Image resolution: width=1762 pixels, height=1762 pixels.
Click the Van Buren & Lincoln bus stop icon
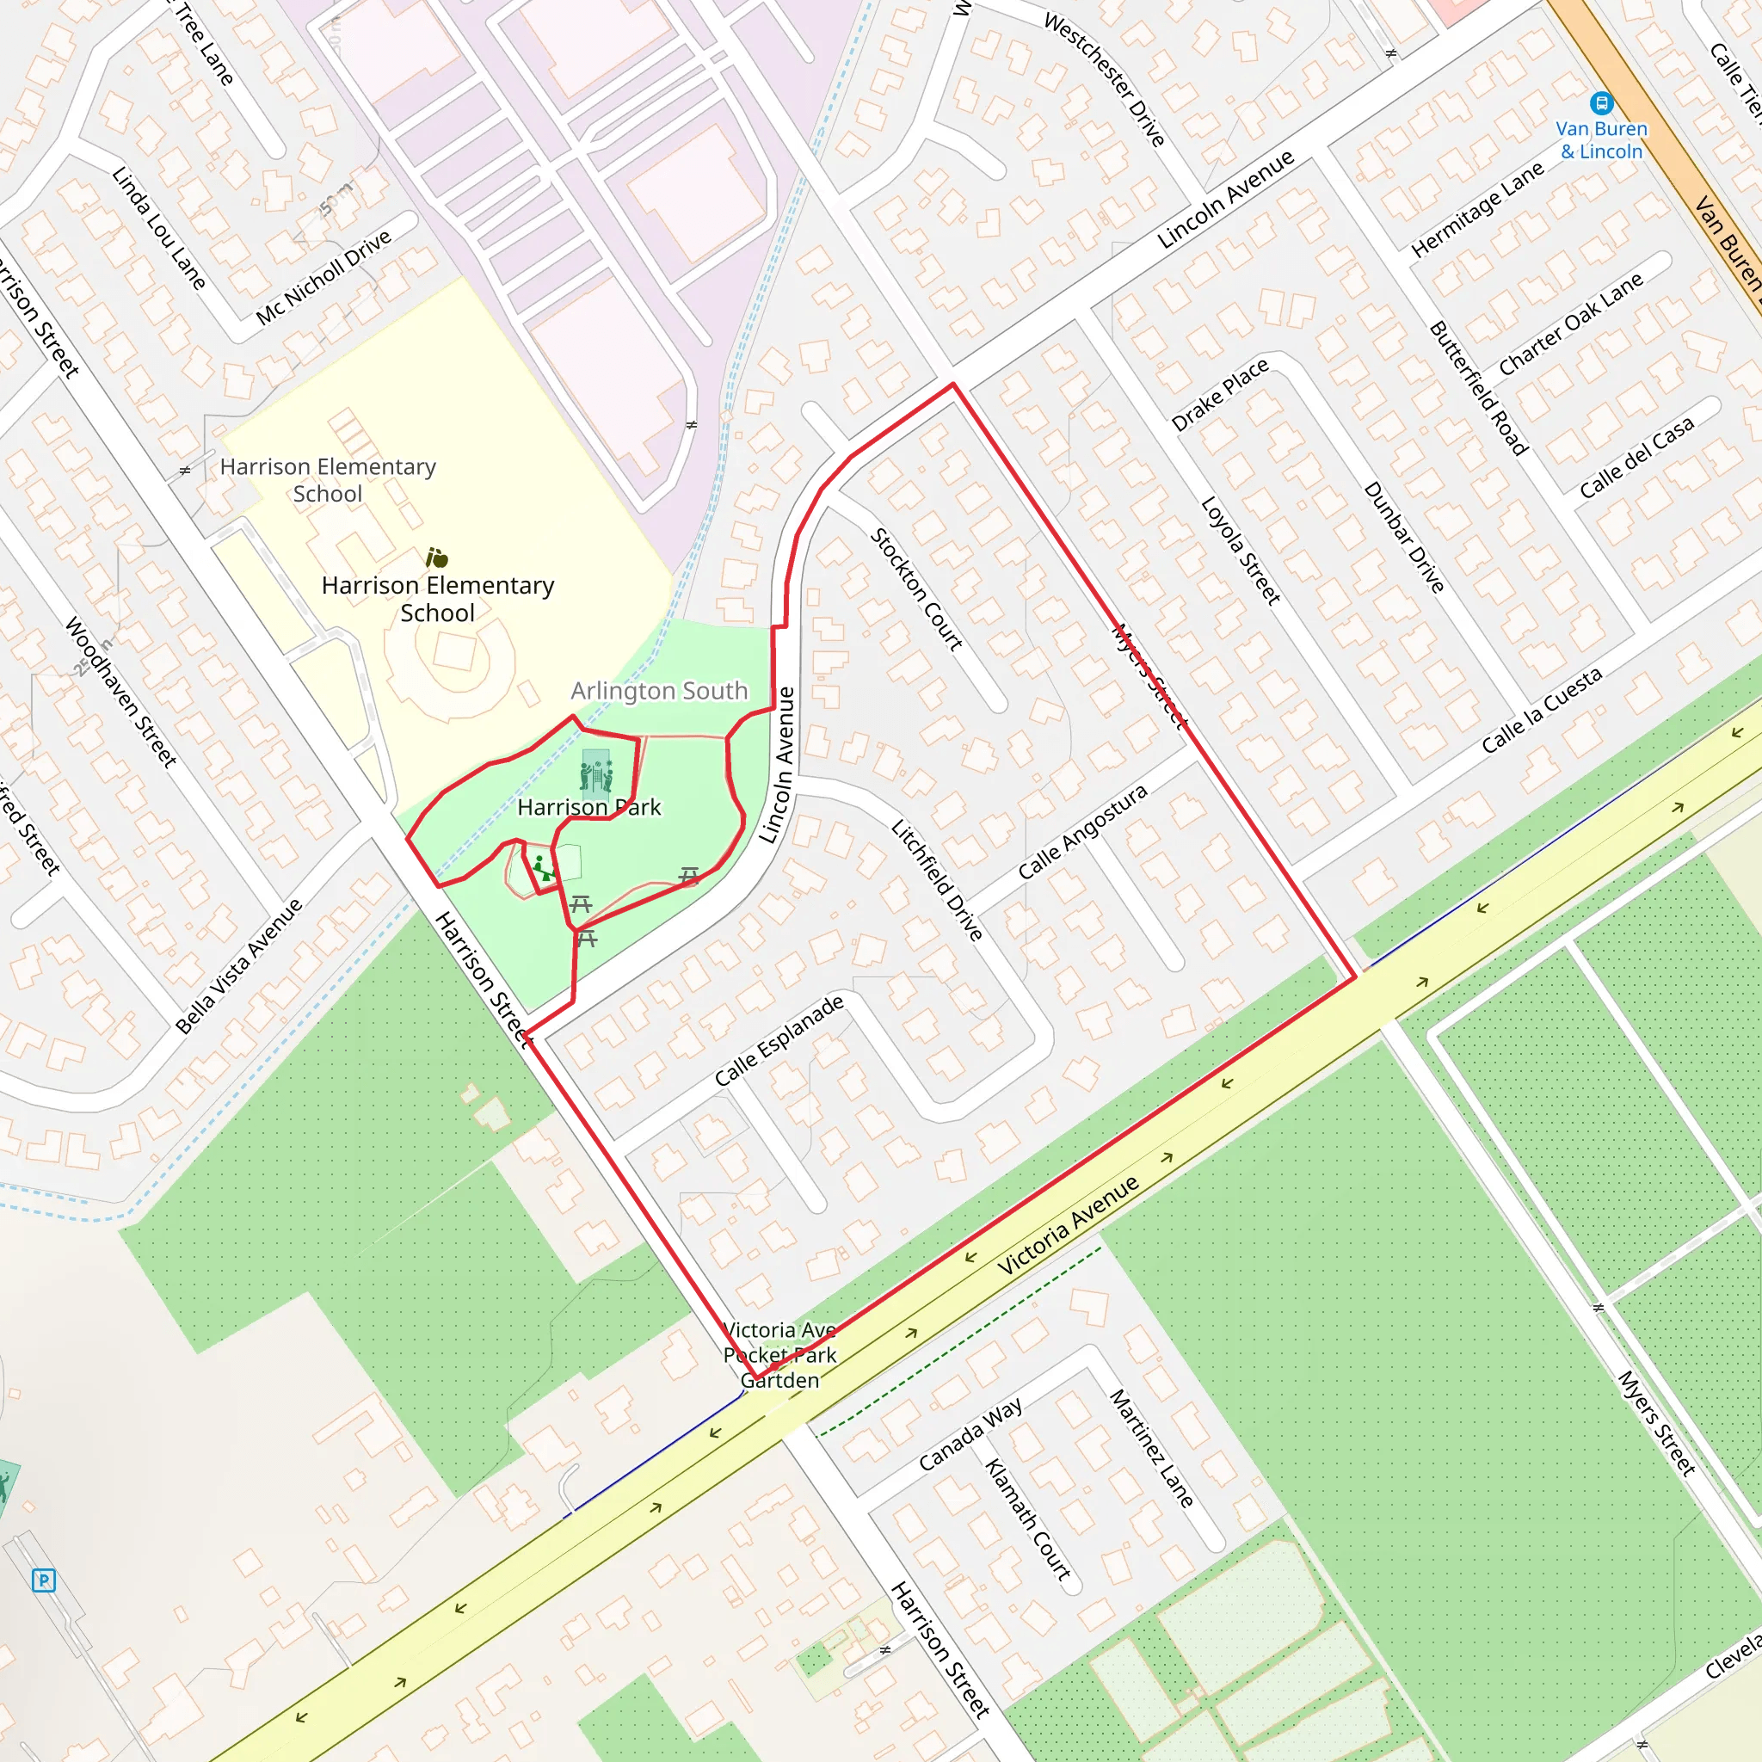pos(1600,102)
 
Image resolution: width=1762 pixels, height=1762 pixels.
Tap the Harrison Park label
pos(588,807)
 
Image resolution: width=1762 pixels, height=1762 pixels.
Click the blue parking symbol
pos(43,1580)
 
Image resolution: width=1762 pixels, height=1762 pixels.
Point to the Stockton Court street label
pos(916,589)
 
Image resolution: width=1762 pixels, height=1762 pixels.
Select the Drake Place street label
pos(1219,395)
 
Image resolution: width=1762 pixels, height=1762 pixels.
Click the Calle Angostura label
pos(1081,832)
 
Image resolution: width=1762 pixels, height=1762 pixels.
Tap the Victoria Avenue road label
pos(1067,1225)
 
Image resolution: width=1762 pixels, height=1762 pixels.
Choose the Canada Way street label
pos(970,1434)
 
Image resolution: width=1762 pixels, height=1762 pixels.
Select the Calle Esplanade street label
pos(779,1041)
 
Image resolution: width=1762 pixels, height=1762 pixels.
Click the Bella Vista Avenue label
pos(239,966)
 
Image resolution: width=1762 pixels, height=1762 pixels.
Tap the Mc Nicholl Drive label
pos(323,277)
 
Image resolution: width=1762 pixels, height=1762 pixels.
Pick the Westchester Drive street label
pos(1105,79)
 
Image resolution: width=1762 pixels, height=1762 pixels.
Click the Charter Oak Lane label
pos(1570,323)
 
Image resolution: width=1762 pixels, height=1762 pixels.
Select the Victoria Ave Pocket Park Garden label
pos(779,1354)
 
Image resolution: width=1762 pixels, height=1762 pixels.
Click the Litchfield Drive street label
pos(937,880)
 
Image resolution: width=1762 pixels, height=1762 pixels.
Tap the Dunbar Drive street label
pos(1403,538)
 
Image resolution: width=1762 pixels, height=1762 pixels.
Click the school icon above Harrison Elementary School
pos(437,558)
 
